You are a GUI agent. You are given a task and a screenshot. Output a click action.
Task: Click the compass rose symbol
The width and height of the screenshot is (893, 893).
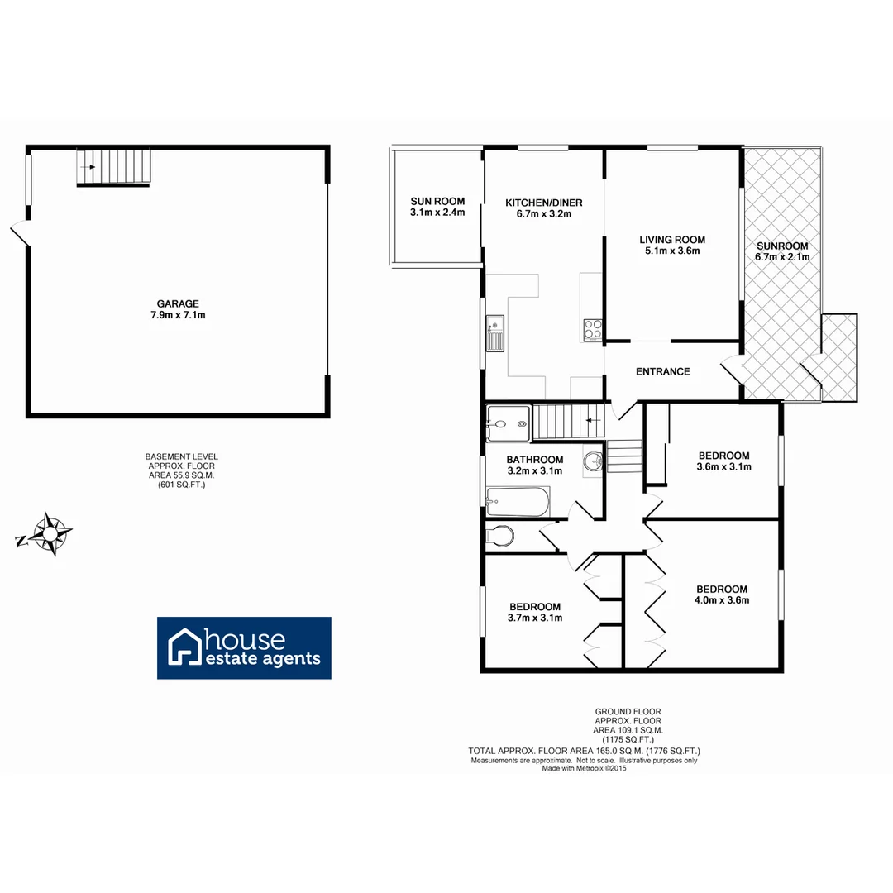50,535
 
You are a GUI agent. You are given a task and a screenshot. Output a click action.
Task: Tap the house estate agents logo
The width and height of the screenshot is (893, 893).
245,647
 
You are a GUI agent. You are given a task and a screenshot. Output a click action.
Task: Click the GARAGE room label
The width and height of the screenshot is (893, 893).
179,303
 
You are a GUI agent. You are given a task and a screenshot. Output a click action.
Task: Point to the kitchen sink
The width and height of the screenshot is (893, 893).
494,333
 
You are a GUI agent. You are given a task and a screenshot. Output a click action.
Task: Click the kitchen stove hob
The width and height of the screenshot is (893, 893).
593,329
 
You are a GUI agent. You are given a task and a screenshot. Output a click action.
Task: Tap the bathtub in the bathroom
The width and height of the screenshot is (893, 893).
517,499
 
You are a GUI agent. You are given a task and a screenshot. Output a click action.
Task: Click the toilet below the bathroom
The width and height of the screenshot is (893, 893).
500,536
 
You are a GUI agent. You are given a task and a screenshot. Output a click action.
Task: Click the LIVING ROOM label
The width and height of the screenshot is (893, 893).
672,240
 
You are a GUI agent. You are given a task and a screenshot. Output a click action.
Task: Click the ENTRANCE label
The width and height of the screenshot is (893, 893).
662,372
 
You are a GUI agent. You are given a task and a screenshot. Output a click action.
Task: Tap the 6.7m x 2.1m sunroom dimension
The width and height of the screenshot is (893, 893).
781,257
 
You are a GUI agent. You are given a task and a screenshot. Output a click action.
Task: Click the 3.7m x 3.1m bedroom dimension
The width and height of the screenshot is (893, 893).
535,618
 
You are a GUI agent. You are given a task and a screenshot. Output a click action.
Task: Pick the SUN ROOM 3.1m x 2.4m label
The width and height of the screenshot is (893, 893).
437,207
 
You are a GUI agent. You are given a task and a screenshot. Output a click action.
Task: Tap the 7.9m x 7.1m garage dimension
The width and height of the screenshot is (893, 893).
179,315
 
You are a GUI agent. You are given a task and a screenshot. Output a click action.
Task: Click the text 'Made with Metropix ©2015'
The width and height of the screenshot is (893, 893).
585,768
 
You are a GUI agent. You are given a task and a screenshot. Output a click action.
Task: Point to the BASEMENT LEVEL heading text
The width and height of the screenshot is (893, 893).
182,456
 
